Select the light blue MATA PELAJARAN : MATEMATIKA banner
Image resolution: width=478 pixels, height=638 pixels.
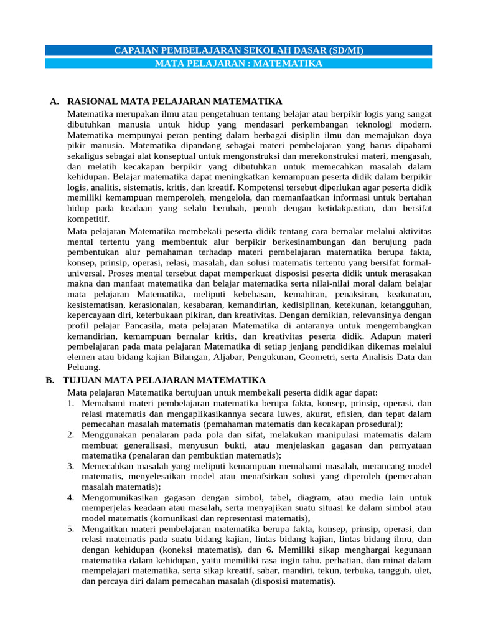point(239,64)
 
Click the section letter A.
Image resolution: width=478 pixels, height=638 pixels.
point(54,101)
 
